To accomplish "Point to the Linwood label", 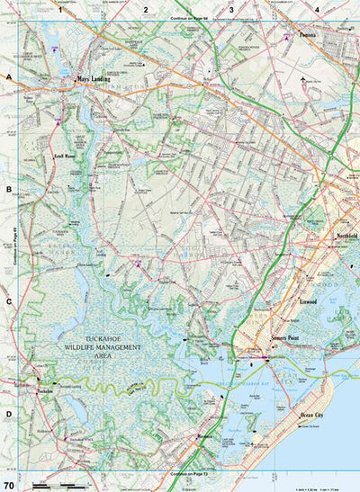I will click(310, 303).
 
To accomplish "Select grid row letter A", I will click(8, 78).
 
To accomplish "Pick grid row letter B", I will click(8, 191).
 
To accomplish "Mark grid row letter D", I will click(8, 415).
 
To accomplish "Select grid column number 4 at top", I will click(317, 9).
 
